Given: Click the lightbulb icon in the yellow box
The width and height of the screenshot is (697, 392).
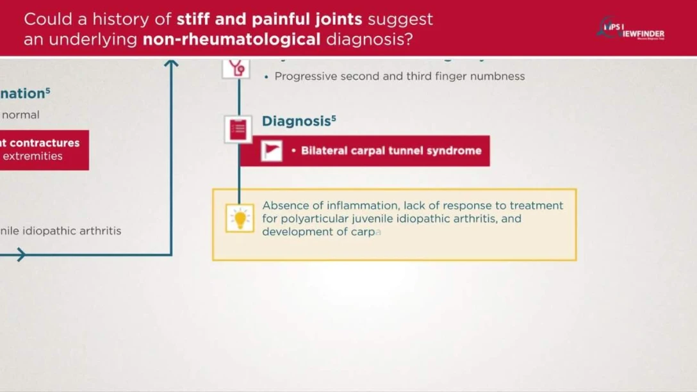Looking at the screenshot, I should tap(240, 218).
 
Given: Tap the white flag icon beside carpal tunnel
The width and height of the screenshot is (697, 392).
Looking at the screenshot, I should tap(271, 151).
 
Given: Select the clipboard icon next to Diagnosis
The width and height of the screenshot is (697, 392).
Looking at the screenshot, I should tap(238, 129).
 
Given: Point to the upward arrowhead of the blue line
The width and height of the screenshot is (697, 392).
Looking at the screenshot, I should tap(171, 63).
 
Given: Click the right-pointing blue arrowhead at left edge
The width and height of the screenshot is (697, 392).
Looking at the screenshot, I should tap(20, 255).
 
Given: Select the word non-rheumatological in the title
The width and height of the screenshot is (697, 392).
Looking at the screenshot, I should tap(231, 39).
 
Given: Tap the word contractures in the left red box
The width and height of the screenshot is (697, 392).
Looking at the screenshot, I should tap(45, 143).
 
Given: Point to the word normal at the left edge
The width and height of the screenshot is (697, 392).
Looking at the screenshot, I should tap(20, 115).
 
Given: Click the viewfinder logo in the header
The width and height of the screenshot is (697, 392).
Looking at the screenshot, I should tap(631, 29).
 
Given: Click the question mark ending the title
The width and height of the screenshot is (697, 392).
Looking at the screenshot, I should tap(408, 39).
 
